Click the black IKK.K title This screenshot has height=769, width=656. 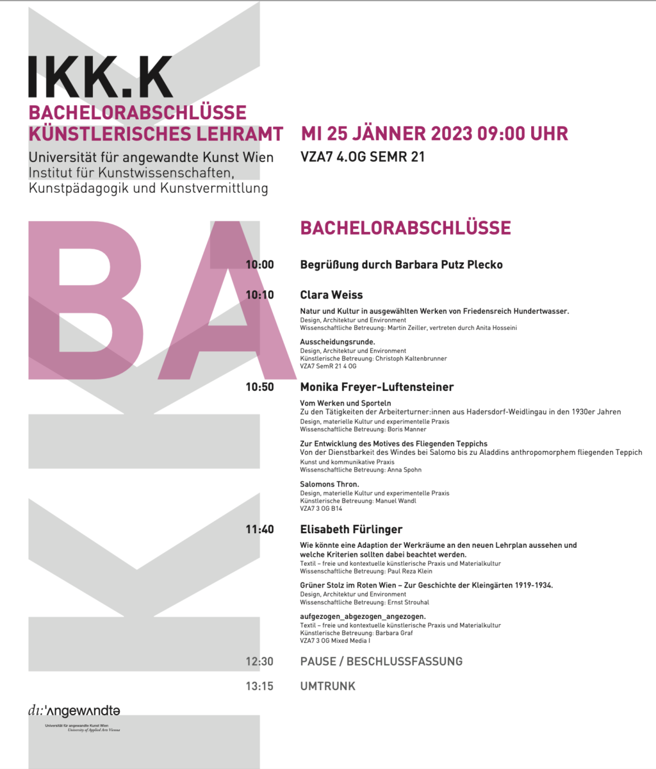pos(101,77)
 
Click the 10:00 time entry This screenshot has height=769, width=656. pos(259,265)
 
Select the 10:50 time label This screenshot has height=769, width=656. pos(259,387)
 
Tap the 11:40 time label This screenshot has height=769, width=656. pos(259,529)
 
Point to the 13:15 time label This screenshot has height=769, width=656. pos(259,686)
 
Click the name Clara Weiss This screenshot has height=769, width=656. pos(331,295)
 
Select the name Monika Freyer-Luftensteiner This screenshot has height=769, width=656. pos(377,387)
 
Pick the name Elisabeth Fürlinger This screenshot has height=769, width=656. pos(351,529)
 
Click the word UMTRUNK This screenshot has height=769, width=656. pos(327,686)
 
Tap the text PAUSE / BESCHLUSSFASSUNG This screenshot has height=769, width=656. pos(381,661)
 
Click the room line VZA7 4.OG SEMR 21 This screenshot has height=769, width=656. pos(363,156)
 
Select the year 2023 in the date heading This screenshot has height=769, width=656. pos(452,133)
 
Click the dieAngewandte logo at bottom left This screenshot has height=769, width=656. pos(74,711)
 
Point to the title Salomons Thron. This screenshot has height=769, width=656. pos(330,484)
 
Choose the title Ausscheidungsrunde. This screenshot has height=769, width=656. pos(338,342)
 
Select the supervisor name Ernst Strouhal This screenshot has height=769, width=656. pos(409,602)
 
